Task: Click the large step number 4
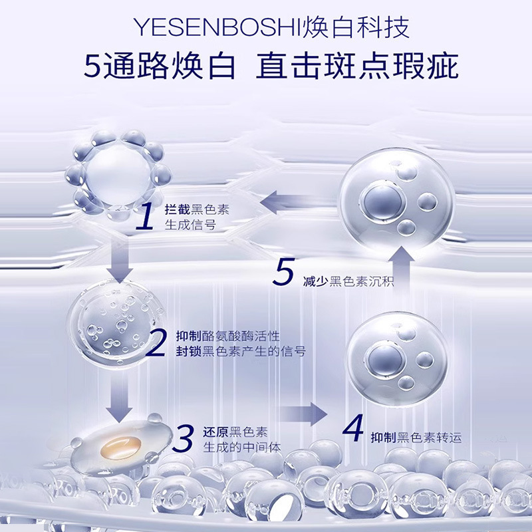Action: [x=352, y=429]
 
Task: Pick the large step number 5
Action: [x=283, y=273]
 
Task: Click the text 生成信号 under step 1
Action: [x=190, y=225]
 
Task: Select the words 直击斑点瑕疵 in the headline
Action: [x=358, y=67]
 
